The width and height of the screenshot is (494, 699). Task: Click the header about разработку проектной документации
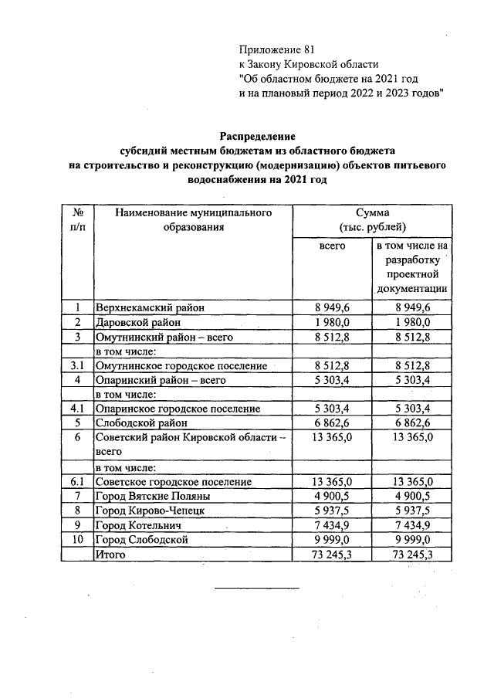point(413,267)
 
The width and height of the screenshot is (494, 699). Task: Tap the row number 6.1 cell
point(77,481)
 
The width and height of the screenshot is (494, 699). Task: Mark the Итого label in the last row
point(110,555)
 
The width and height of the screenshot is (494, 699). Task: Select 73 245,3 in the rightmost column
point(413,555)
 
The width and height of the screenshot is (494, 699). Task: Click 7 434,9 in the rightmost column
point(413,525)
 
